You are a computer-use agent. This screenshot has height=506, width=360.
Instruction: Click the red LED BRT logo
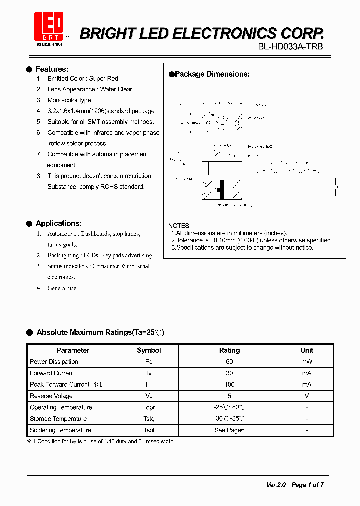pyautogui.click(x=48, y=27)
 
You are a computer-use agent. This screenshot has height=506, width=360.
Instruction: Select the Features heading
pyautogui.click(x=52, y=69)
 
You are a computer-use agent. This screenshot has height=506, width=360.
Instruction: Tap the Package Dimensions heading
pyautogui.click(x=212, y=74)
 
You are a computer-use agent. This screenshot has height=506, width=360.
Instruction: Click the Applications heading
pyautogui.click(x=58, y=223)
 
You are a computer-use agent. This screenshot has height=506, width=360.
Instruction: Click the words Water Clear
pyautogui.click(x=116, y=89)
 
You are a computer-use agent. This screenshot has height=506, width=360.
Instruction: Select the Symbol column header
pyautogui.click(x=149, y=350)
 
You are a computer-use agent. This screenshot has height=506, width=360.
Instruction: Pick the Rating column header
pyautogui.click(x=229, y=350)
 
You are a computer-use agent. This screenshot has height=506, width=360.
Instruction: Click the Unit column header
pyautogui.click(x=307, y=350)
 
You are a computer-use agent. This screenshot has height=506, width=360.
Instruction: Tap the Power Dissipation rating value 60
pyautogui.click(x=229, y=362)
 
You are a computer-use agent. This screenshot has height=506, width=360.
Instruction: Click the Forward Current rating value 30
pyautogui.click(x=229, y=373)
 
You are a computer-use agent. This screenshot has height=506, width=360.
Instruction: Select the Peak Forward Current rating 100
pyautogui.click(x=229, y=385)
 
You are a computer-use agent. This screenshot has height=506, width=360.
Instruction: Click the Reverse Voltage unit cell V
pyautogui.click(x=307, y=396)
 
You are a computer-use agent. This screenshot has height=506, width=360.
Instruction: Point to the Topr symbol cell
pyautogui.click(x=149, y=408)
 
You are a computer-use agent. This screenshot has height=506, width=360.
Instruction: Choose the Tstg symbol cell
pyautogui.click(x=149, y=419)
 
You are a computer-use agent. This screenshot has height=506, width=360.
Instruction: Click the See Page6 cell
pyautogui.click(x=229, y=430)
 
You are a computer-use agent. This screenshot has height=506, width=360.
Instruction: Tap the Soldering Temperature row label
pyautogui.click(x=60, y=430)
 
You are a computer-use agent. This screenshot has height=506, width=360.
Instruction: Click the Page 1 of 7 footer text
pyautogui.click(x=307, y=485)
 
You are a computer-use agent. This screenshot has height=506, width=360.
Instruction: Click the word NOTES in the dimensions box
pyautogui.click(x=179, y=226)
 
